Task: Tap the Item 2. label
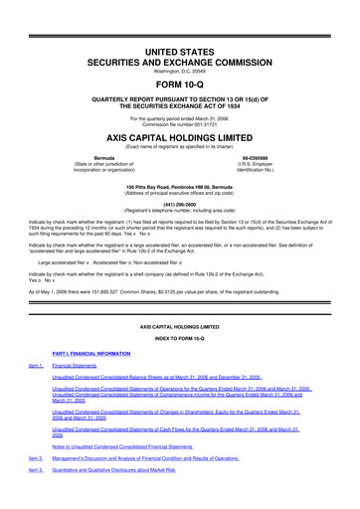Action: (x=38, y=486)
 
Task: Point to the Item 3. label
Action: (x=38, y=499)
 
